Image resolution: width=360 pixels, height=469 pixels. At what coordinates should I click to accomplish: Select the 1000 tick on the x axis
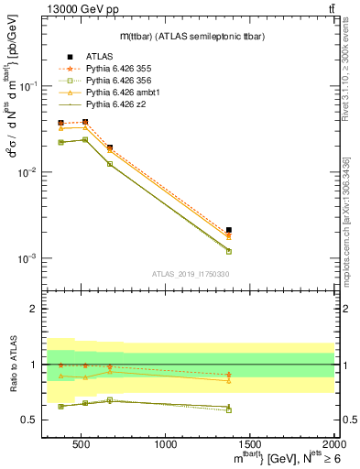pos(166,445)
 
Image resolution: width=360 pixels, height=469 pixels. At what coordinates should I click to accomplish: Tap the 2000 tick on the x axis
pos(333,445)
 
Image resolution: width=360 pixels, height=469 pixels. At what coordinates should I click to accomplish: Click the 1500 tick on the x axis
pos(250,445)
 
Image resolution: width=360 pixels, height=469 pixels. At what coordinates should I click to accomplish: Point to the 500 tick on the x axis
pos(82,445)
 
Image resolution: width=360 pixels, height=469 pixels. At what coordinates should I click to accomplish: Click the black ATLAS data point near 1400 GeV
pos(229,231)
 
